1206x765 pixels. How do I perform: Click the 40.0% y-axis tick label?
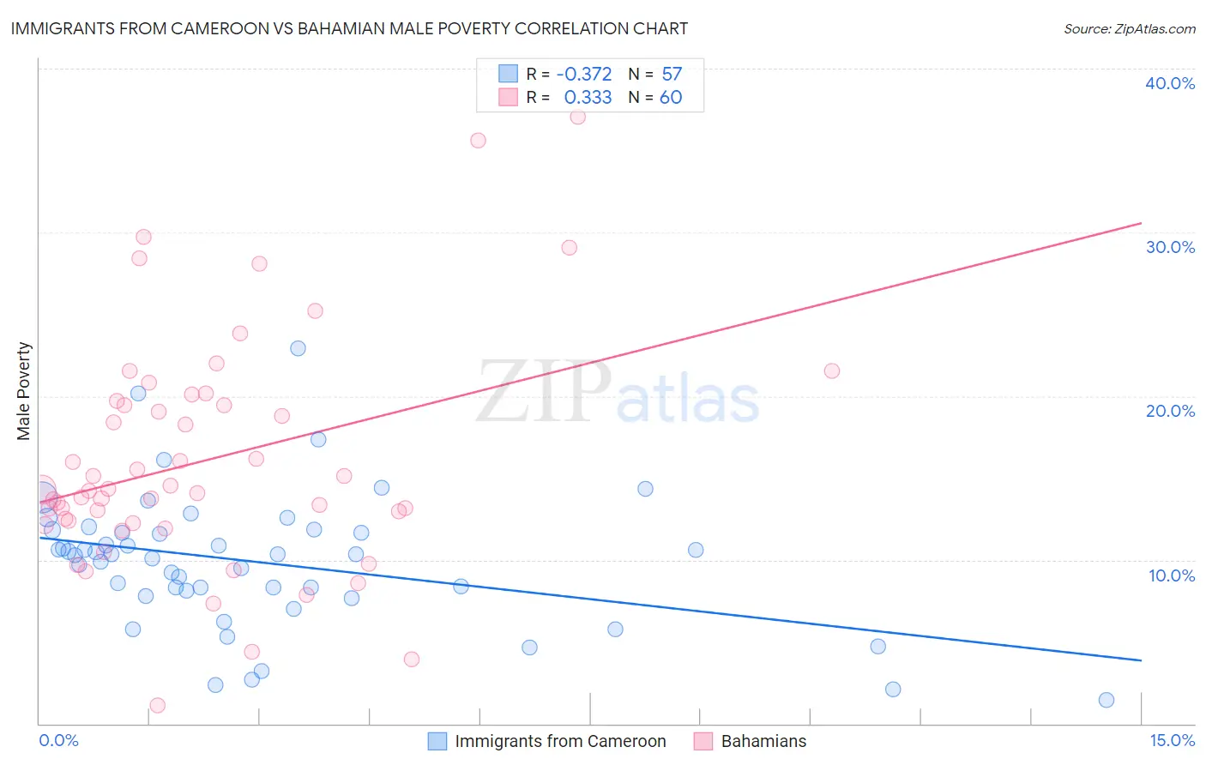coord(1169,83)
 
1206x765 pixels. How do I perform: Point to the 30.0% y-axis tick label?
coord(1169,247)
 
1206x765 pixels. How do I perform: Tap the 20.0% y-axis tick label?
coord(1169,411)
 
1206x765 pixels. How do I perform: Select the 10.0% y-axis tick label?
coord(1171,575)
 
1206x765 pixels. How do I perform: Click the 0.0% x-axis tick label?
coord(58,740)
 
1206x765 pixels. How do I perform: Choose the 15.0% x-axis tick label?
coord(1171,740)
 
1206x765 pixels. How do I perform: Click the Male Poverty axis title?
coord(24,391)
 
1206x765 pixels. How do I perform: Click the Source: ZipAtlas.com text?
coord(1129,28)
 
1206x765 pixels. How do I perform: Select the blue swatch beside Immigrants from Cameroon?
coord(437,741)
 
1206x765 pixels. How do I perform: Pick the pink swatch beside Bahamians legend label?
coord(703,741)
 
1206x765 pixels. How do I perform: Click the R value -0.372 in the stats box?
coord(584,74)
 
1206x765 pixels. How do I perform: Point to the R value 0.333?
coord(588,97)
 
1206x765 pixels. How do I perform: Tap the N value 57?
coord(672,74)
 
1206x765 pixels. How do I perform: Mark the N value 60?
coord(671,97)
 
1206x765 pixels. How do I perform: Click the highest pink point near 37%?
coord(578,117)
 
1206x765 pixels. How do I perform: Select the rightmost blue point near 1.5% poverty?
coord(1107,700)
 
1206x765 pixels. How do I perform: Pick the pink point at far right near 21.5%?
coord(831,371)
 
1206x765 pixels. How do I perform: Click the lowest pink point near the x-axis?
coord(157,705)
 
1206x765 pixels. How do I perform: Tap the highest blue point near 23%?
coord(298,348)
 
